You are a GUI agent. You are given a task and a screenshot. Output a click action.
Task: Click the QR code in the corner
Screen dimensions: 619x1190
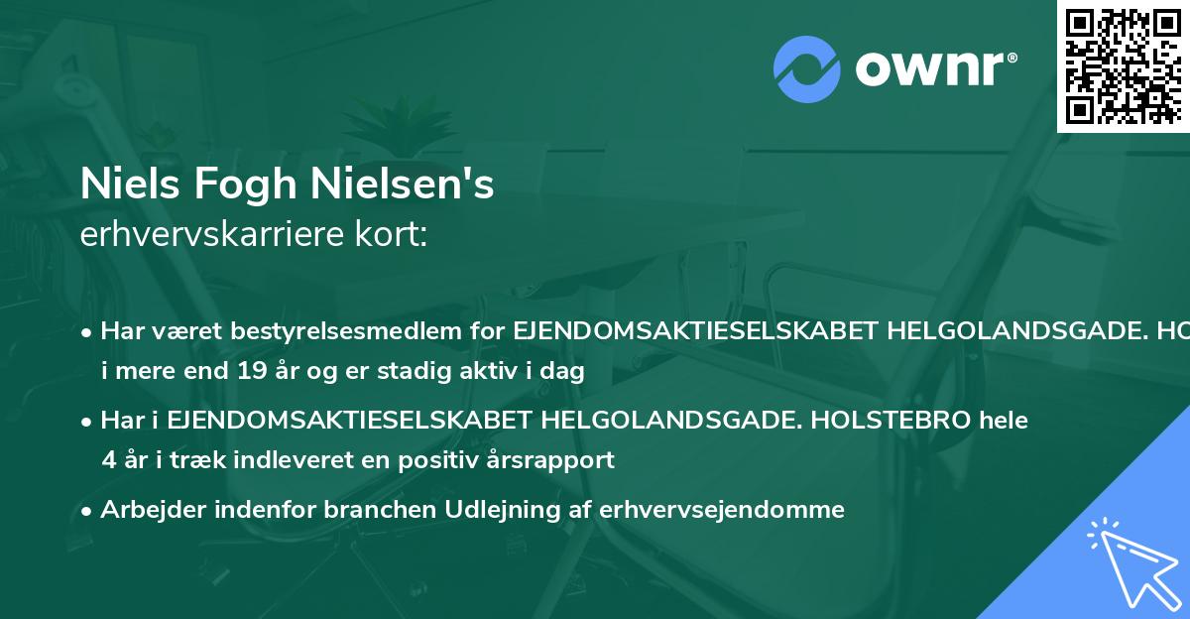point(1122,65)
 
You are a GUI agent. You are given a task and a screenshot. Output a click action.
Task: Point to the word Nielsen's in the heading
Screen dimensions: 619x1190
point(403,185)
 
